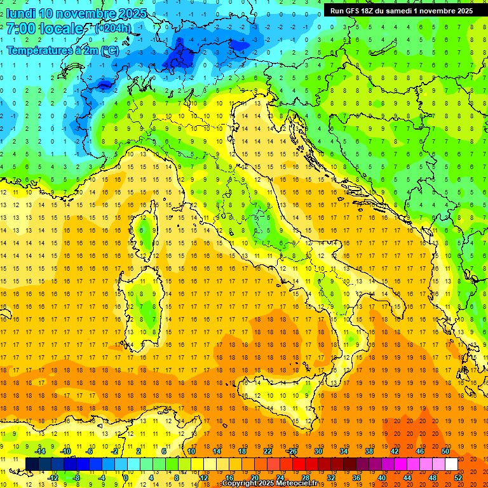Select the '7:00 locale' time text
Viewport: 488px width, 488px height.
point(44,29)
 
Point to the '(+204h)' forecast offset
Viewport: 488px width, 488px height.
point(112,29)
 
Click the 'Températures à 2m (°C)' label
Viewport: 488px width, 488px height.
point(62,50)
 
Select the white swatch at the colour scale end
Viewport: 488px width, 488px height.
point(451,464)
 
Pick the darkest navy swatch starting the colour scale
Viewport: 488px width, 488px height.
point(32,464)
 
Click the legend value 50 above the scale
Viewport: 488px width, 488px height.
point(445,451)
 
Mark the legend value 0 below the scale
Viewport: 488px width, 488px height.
point(126,477)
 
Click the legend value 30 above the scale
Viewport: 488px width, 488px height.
point(318,451)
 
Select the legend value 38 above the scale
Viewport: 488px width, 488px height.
point(369,451)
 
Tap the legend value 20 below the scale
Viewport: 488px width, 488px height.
point(254,477)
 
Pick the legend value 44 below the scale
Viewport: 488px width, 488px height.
point(407,477)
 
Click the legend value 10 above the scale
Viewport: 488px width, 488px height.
point(191,451)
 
